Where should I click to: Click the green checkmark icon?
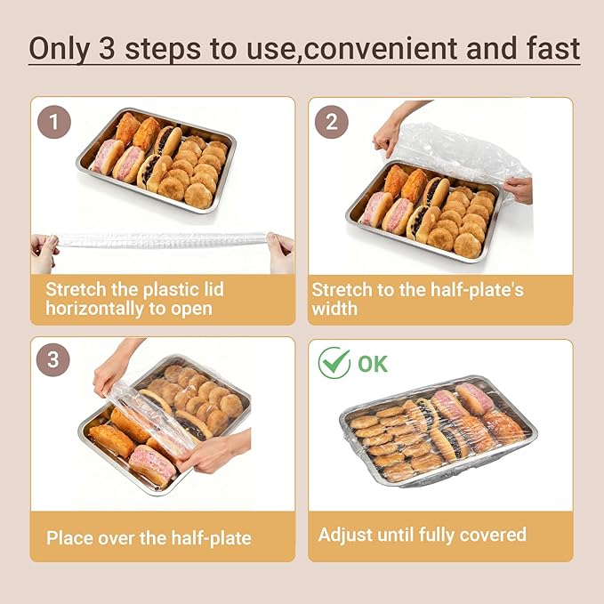tap(334, 364)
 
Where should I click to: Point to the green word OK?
tap(374, 364)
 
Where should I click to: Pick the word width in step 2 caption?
tap(334, 309)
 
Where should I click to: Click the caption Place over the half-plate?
tap(149, 537)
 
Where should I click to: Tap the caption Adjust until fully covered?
tap(423, 535)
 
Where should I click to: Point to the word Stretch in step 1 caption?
tap(75, 288)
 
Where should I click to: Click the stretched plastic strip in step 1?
tap(160, 240)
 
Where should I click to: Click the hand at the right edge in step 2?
tap(519, 189)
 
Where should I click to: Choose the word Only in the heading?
tap(59, 48)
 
